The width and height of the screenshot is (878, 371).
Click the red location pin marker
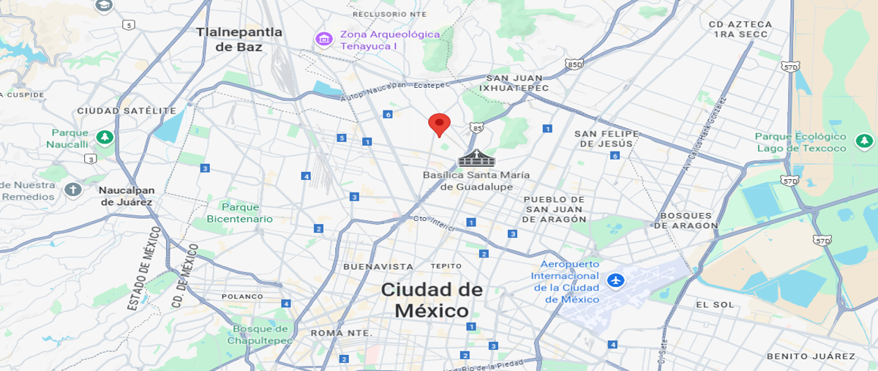pos(439,124)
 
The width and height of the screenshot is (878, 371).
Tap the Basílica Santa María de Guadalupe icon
pos(476,157)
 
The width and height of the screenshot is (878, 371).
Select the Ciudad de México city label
pos(432,300)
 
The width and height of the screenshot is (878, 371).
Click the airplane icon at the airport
pos(615,280)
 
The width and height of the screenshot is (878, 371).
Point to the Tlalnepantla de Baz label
pos(239,40)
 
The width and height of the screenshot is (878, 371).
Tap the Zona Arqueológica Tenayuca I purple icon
pos(323,38)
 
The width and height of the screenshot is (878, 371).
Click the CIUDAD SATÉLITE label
pos(127,110)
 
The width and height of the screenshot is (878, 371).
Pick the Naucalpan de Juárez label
pos(126,196)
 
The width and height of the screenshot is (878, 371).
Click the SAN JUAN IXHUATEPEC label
pos(514,83)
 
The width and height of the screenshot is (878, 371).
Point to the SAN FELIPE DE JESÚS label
pos(607,138)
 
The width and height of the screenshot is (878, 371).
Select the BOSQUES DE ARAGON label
pos(686,220)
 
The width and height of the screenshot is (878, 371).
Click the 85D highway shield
pos(574,64)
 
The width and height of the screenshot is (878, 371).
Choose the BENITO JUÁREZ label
pos(811,356)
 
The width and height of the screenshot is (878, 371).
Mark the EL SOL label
pos(714,304)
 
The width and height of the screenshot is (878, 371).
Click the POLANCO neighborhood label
pos(242,296)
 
